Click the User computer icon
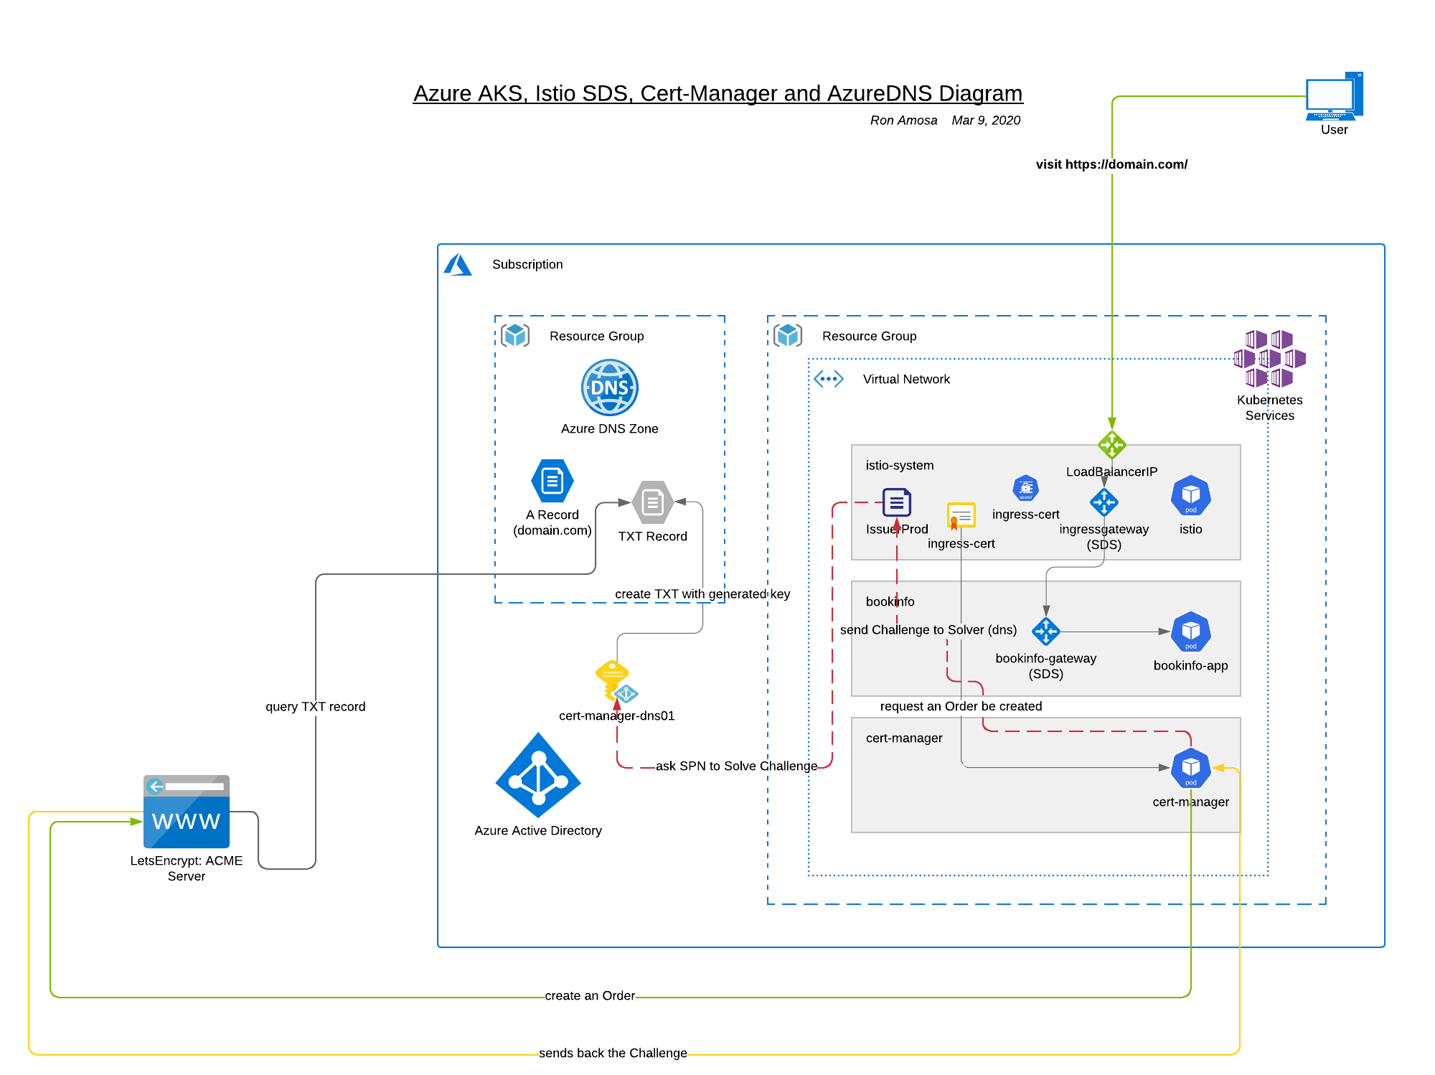[1334, 96]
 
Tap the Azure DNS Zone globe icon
[609, 388]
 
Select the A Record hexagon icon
[552, 481]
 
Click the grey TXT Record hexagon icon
[652, 502]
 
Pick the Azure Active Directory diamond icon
[538, 775]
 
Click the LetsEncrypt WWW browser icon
[187, 812]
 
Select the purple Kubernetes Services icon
[1269, 359]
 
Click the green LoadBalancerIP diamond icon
[1111, 445]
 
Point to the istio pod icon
[1190, 495]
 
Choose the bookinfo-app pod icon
[1190, 632]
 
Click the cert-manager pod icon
[1190, 768]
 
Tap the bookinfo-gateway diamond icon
[1045, 632]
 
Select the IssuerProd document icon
[896, 502]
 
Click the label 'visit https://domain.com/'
[1111, 164]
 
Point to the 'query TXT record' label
[315, 707]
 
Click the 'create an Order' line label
[590, 996]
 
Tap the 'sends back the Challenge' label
[613, 1053]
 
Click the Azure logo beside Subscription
[458, 265]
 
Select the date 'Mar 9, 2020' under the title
[986, 121]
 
